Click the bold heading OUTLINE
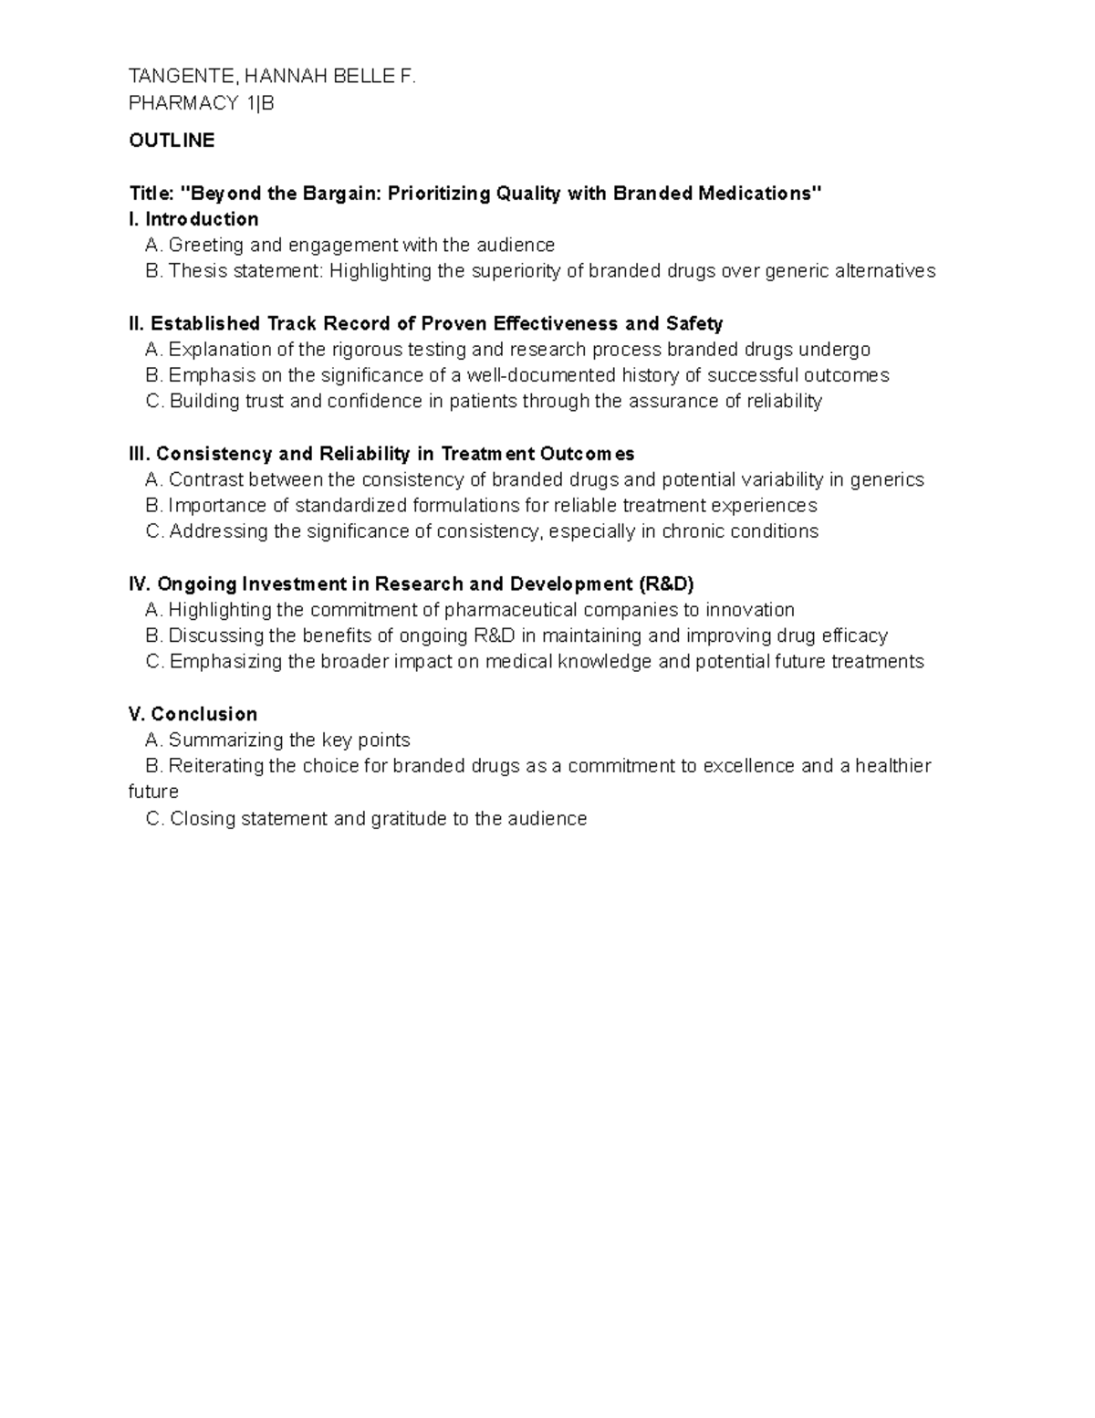pyautogui.click(x=172, y=140)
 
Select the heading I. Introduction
pyautogui.click(x=194, y=219)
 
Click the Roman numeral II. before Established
pyautogui.click(x=137, y=323)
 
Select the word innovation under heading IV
pyautogui.click(x=750, y=610)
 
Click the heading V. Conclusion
pyautogui.click(x=193, y=714)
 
